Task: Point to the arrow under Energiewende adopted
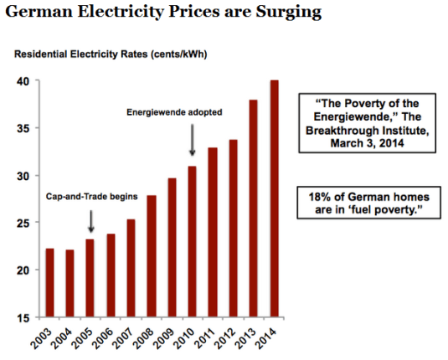193,140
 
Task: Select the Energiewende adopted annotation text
173,111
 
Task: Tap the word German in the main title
40,14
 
